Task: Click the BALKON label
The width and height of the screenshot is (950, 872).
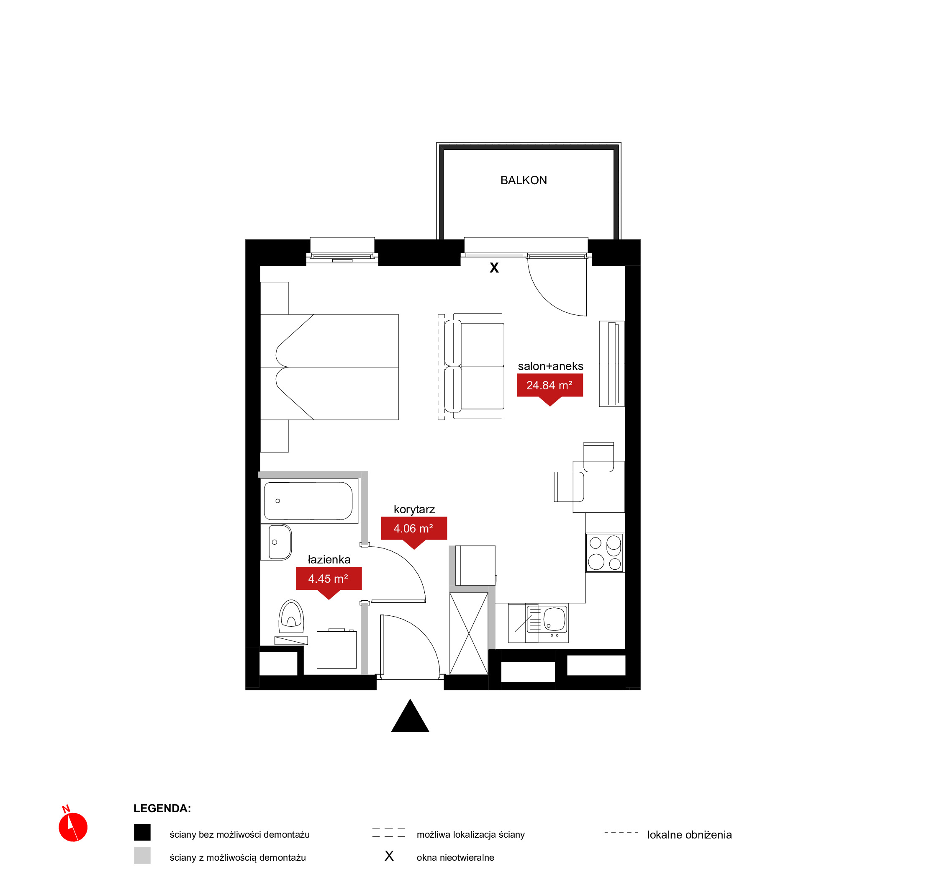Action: click(x=524, y=180)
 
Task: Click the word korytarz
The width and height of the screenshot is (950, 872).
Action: click(x=414, y=509)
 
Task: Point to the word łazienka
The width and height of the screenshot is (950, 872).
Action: click(x=329, y=560)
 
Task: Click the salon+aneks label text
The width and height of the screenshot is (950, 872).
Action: click(x=550, y=366)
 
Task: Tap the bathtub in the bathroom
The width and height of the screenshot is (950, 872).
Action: click(x=308, y=501)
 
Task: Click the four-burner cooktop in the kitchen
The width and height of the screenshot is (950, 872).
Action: click(x=605, y=553)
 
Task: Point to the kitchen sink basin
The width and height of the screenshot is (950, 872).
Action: click(x=555, y=619)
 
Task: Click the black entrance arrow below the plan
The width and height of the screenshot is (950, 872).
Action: click(x=410, y=716)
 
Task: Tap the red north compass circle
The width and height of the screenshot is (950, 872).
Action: click(x=73, y=827)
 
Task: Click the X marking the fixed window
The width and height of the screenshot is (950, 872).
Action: click(x=494, y=268)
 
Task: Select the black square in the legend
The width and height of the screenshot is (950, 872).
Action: click(x=142, y=832)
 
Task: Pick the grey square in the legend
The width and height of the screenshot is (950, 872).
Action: click(x=142, y=856)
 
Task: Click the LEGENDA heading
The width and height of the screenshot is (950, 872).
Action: click(x=162, y=808)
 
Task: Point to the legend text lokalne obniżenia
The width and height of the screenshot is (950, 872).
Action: click(x=689, y=835)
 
